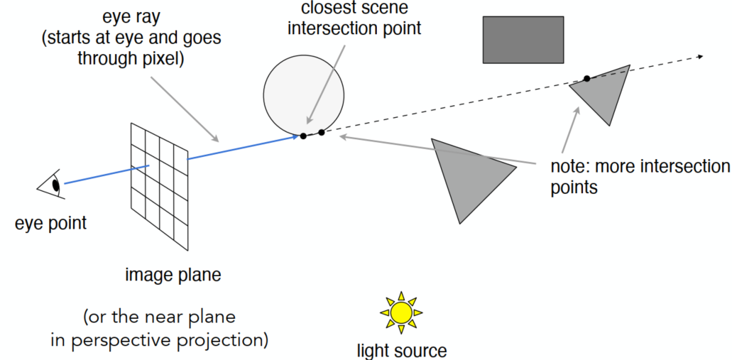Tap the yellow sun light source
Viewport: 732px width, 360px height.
click(x=401, y=312)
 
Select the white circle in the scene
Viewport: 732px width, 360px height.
click(x=304, y=92)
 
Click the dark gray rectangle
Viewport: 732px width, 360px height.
click(x=523, y=39)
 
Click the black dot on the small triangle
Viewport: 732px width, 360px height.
click(x=586, y=78)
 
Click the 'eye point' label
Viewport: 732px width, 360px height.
click(x=50, y=223)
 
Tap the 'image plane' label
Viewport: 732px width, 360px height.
click(x=173, y=275)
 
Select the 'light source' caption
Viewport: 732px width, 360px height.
click(x=402, y=350)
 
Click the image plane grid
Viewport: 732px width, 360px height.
click(x=159, y=185)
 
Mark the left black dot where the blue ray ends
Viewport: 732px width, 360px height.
click(x=303, y=136)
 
